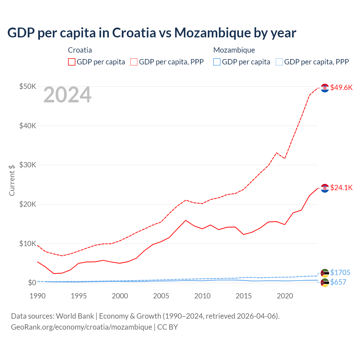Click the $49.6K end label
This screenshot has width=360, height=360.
coord(341,87)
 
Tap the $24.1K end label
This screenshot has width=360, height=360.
coord(341,188)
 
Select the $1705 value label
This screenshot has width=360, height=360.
coord(340,273)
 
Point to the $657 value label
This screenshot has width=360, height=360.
coord(338,282)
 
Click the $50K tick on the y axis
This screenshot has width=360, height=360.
coord(28,86)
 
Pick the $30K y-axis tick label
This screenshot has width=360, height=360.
coord(28,165)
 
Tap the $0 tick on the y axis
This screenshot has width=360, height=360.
coord(32,283)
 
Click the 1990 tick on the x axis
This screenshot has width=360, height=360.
coord(37,296)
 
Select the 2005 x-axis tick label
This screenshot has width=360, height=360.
coord(161,296)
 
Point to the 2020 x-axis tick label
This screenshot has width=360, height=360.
coord(285,296)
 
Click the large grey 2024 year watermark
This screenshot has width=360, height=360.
coord(67,95)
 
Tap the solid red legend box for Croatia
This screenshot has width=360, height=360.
coord(72,62)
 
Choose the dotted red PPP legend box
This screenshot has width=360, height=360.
coord(134,62)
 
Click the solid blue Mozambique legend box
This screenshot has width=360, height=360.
coord(217,62)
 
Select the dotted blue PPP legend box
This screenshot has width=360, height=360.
coord(279,62)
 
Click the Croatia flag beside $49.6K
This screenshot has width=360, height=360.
coord(325,88)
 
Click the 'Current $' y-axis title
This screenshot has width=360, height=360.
coord(12,180)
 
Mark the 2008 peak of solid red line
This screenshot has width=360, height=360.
coord(186,220)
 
